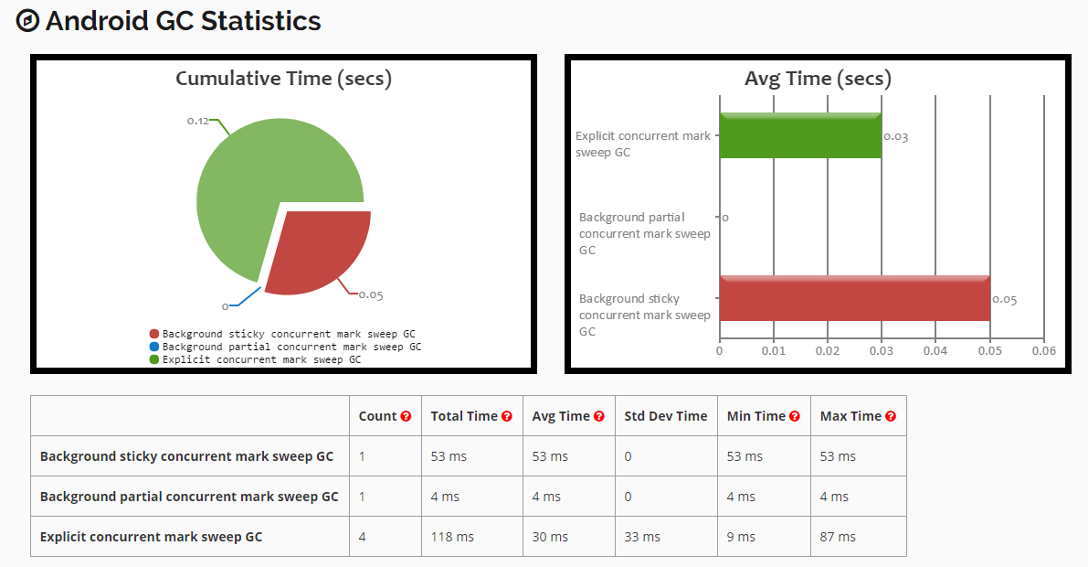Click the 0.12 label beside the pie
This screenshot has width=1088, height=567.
click(198, 121)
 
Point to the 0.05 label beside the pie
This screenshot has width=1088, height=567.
click(371, 294)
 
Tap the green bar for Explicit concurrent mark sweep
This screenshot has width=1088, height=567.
click(799, 136)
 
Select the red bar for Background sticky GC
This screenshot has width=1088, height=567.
click(854, 298)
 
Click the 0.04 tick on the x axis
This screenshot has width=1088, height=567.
click(935, 351)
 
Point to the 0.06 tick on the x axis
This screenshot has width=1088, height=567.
click(1043, 351)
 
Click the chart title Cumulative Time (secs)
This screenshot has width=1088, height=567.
click(283, 79)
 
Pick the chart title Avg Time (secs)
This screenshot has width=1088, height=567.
click(818, 79)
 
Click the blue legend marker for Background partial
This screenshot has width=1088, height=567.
click(153, 348)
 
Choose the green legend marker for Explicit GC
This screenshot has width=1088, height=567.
click(153, 360)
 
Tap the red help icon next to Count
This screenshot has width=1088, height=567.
click(406, 416)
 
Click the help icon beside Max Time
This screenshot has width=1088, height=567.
click(891, 416)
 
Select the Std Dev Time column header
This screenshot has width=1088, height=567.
click(665, 416)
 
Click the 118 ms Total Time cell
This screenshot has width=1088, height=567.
click(452, 537)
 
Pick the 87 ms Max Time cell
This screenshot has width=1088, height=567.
click(838, 537)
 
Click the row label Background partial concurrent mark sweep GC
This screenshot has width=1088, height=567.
click(189, 497)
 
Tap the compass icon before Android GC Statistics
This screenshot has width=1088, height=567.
click(28, 21)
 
